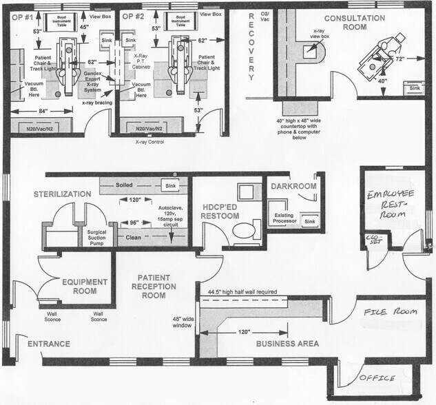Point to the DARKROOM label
pyautogui.click(x=293, y=187)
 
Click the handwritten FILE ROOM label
pyautogui.click(x=391, y=312)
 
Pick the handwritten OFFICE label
pyautogui.click(x=376, y=378)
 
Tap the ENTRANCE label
pyautogui.click(x=48, y=344)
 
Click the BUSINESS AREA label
pyautogui.click(x=287, y=343)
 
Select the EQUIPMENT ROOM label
pyautogui.click(x=84, y=286)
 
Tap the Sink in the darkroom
pyautogui.click(x=310, y=221)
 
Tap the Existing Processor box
pyautogui.click(x=284, y=219)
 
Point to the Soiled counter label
pyautogui.click(x=125, y=185)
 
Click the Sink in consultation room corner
pyautogui.click(x=414, y=88)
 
